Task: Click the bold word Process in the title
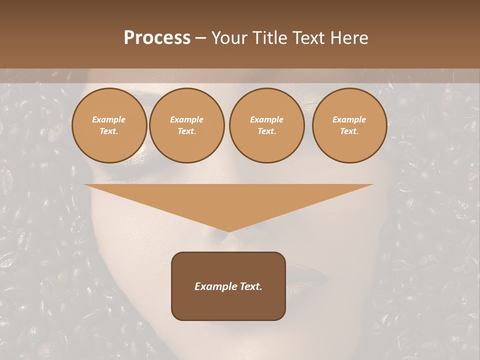pos(157,38)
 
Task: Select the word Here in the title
pos(348,38)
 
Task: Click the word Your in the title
pos(230,38)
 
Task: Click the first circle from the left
pos(109,125)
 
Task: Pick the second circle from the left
pos(187,125)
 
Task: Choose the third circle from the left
pos(266,125)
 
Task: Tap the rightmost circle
pos(349,125)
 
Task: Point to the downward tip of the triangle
pos(228,231)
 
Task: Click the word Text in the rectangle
pos(250,286)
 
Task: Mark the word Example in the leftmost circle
pos(109,120)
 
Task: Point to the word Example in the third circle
pos(266,120)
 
